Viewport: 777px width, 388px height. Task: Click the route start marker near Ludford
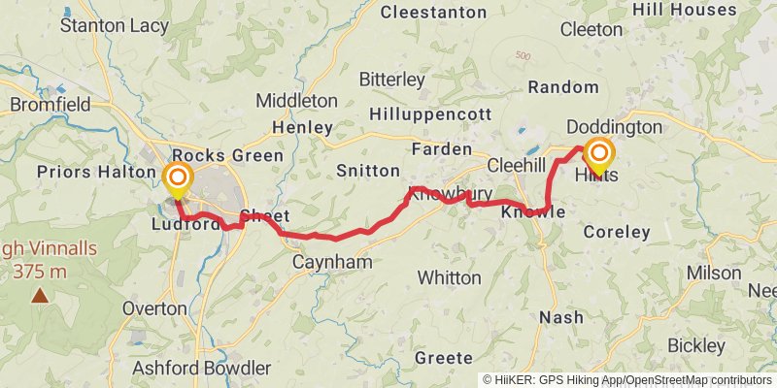click(178, 178)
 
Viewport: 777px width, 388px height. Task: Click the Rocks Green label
click(227, 155)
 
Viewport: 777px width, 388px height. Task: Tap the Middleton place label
click(297, 101)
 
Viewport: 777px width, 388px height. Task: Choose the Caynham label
click(332, 263)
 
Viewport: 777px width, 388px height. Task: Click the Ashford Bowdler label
click(201, 368)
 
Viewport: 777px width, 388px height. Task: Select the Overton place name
click(154, 308)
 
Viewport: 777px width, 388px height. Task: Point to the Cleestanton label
click(433, 13)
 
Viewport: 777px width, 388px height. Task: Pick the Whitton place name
click(449, 277)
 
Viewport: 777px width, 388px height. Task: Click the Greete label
click(443, 358)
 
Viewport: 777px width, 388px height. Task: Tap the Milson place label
click(714, 273)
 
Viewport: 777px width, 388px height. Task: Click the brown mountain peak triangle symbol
click(40, 295)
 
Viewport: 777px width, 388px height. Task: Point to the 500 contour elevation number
click(525, 55)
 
